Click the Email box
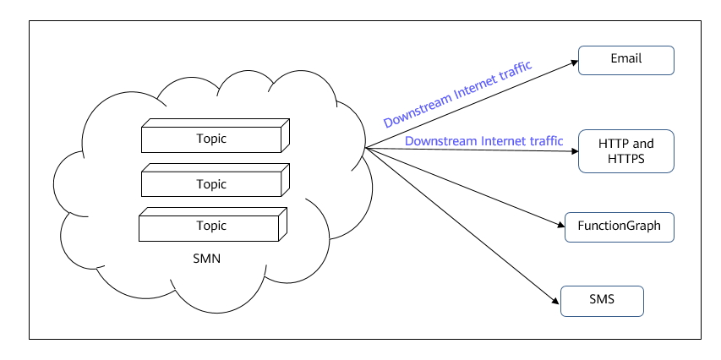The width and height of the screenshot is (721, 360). coord(625,60)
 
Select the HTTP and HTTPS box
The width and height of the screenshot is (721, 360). coord(625,151)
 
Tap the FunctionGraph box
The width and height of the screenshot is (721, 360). coord(619,227)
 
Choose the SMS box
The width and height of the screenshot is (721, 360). coord(602,301)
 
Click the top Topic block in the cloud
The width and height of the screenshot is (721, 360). coord(216,135)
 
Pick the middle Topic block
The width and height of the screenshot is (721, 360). coord(216,180)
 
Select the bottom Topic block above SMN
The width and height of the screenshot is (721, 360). coord(213,225)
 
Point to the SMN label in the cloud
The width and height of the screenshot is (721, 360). coord(207,259)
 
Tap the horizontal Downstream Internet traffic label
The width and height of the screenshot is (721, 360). coord(483,140)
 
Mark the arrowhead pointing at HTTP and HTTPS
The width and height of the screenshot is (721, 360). coord(574,150)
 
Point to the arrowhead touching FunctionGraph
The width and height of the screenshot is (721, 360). coord(561,225)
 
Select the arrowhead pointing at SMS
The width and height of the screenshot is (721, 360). coord(555,301)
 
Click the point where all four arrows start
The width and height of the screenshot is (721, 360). coord(365,148)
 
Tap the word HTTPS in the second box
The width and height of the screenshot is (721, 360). coord(625,159)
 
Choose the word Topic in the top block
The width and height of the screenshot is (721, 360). coord(211,139)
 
